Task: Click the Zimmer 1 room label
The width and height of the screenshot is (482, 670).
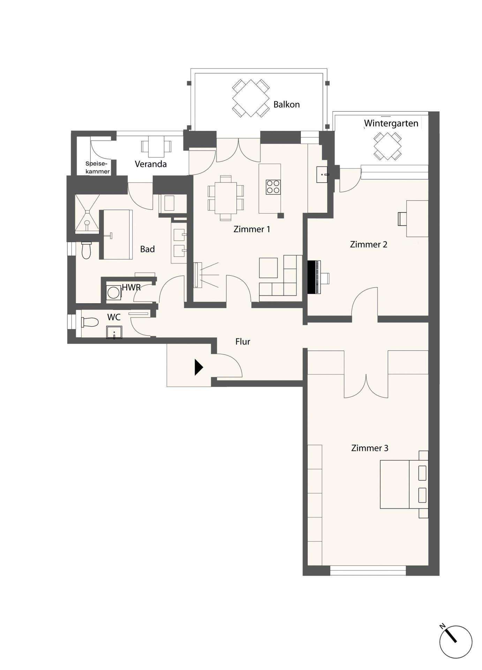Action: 251,229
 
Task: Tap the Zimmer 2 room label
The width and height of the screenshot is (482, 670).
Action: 368,244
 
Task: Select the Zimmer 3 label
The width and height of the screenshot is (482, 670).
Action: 370,448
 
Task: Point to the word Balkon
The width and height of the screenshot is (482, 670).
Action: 286,104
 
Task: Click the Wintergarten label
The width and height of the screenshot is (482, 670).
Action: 391,124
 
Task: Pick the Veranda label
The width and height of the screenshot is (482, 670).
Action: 151,164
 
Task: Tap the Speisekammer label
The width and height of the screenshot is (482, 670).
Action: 98,167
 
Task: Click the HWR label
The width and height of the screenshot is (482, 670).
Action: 131,288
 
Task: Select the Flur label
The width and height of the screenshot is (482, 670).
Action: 243,341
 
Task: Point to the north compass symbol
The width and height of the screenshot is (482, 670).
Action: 455,642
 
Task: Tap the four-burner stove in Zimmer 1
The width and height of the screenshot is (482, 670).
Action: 273,187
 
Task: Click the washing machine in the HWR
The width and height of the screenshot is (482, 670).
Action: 113,292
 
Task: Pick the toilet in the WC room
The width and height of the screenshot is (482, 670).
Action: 90,322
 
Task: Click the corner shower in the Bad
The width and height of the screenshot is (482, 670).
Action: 87,213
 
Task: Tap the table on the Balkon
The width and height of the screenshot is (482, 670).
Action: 251,98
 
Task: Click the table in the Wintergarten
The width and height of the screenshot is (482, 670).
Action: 387,146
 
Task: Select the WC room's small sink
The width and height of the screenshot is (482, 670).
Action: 114,332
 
